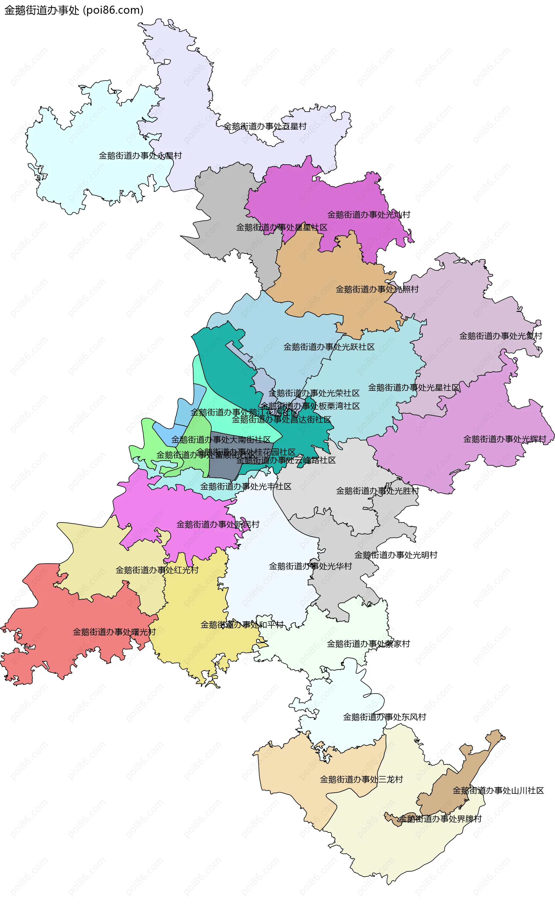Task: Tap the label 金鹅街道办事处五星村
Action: tap(265, 126)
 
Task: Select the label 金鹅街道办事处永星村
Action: tap(140, 156)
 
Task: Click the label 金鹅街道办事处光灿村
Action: tap(369, 215)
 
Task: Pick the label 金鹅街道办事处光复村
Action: tap(501, 336)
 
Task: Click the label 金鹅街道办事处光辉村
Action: tap(504, 439)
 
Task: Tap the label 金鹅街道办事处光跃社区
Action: tap(329, 347)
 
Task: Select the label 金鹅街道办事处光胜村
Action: tap(377, 491)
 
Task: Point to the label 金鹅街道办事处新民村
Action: tap(218, 524)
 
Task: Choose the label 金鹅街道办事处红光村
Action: tap(157, 570)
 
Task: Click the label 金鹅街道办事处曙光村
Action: tap(114, 632)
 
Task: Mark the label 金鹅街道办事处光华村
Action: tap(310, 566)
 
